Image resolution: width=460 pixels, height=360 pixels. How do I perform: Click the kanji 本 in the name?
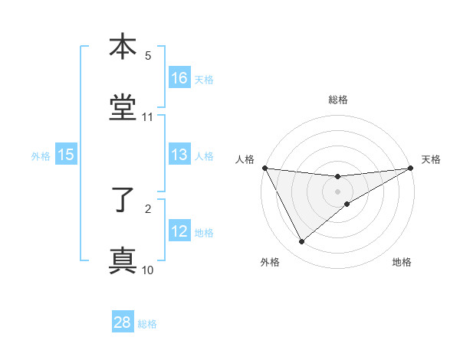(x=123, y=47)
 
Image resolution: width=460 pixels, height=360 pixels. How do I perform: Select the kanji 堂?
(x=123, y=107)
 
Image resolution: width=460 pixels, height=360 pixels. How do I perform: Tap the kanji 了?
(x=123, y=199)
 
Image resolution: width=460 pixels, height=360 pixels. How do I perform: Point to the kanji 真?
(x=123, y=260)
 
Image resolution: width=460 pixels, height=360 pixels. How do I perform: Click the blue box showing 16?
(x=179, y=78)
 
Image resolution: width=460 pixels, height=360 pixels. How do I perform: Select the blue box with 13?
(x=179, y=155)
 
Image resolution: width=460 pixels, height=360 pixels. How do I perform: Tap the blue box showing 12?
(x=179, y=231)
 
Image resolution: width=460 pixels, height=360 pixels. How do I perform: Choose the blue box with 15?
(x=66, y=155)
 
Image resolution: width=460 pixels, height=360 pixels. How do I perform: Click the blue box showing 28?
(x=123, y=322)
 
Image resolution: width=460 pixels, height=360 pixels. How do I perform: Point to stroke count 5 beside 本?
(x=148, y=56)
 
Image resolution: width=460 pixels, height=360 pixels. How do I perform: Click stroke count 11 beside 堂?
(x=148, y=117)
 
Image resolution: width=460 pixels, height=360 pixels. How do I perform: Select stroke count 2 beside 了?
(x=148, y=208)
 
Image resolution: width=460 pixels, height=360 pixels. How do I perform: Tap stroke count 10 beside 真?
(x=148, y=270)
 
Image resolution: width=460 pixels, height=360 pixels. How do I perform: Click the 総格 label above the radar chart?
(x=338, y=100)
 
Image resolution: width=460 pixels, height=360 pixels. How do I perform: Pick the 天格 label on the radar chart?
(x=431, y=159)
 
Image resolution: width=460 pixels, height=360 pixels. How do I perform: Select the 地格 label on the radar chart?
(x=402, y=262)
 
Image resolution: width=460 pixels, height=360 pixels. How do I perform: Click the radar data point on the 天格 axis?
(x=412, y=168)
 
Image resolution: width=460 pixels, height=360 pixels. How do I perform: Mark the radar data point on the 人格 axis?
(x=264, y=168)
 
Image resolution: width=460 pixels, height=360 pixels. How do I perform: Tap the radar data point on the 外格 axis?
(x=301, y=242)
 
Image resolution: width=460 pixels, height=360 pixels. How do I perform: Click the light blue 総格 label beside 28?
(x=147, y=324)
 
